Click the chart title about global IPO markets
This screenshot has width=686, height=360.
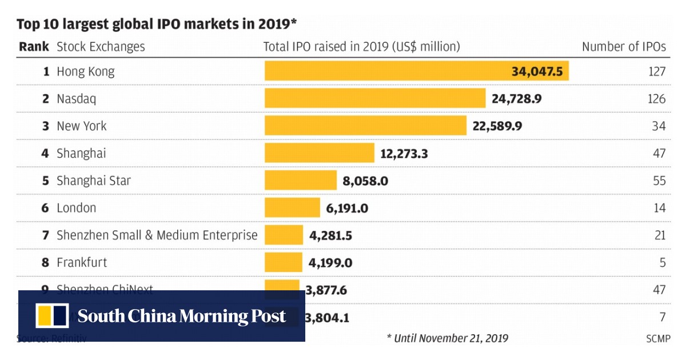157,24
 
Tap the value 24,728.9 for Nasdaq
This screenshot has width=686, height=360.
516,99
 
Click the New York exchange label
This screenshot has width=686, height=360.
81,126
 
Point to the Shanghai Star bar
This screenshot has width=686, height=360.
301,181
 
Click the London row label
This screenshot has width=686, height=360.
76,208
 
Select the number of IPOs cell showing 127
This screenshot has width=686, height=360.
657,71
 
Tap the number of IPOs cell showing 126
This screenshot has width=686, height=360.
657,99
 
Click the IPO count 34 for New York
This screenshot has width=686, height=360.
659,126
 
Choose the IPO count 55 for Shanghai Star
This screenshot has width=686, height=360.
659,181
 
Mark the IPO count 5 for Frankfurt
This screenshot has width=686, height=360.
662,263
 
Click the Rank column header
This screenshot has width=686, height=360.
34,47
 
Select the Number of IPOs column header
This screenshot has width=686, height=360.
624,47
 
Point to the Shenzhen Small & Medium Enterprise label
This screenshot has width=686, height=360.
157,235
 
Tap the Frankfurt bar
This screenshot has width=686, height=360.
283,263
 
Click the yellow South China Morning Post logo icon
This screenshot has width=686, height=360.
53,316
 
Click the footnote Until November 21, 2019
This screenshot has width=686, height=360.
447,338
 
